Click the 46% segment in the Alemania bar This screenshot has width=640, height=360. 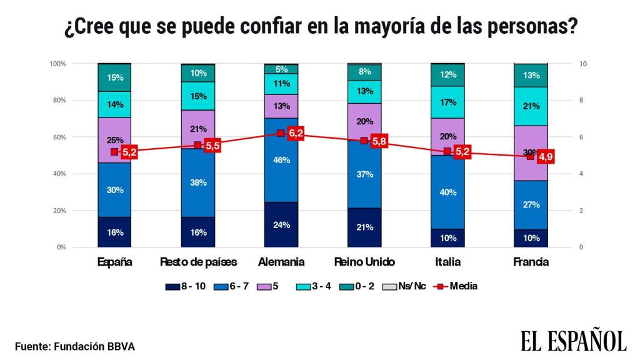pos(281,160)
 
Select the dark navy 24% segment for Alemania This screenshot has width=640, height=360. pos(281,225)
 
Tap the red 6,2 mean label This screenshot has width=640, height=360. pos(296,133)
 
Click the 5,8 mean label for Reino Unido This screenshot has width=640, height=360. pos(379,142)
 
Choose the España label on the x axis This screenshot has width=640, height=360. pos(115,262)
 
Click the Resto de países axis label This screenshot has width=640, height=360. pos(198,262)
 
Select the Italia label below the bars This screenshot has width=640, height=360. pos(447,262)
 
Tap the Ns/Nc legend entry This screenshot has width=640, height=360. pos(410,286)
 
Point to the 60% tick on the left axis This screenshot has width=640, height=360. pos(58,137)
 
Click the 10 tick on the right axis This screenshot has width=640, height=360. pos(582,64)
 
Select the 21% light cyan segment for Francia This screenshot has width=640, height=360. pos(531,106)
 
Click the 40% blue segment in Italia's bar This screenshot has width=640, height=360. pos(447,192)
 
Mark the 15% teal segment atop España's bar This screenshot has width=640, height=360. pos(115,77)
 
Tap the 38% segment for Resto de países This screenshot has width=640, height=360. pos(198,182)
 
